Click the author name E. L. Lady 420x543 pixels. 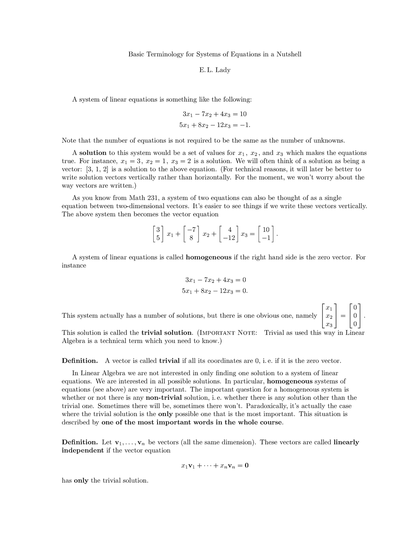coord(215,70)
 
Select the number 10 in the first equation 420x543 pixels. coord(243,114)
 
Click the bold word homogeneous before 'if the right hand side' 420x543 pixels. coord(209,257)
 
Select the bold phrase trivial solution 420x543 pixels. coord(167,333)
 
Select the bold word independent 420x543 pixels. coord(83,450)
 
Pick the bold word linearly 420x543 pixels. coord(346,442)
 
